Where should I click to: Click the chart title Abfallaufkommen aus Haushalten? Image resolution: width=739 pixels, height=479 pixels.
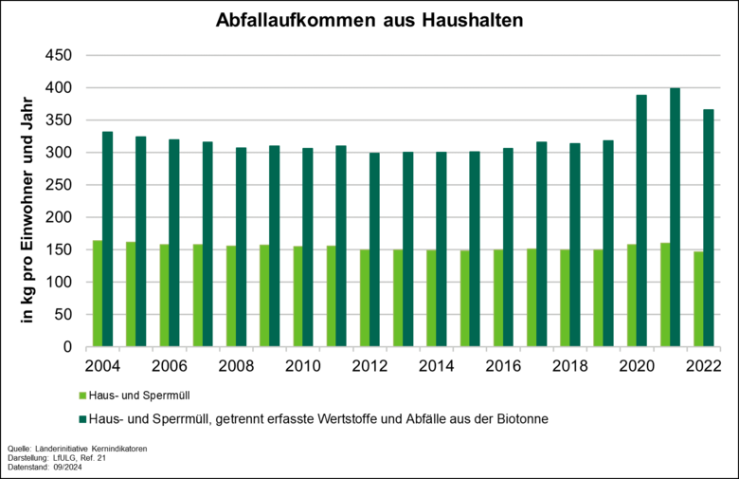click(x=369, y=20)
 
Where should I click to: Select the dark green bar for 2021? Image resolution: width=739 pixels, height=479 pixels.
click(x=676, y=217)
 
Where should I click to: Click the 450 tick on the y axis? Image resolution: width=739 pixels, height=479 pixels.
click(x=60, y=56)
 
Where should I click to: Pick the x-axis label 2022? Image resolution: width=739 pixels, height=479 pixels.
click(x=704, y=366)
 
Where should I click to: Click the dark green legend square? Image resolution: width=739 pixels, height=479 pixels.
click(x=82, y=418)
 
